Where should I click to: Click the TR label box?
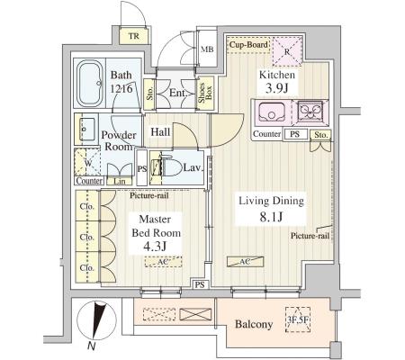tap(134, 36)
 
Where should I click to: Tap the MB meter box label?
tap(207, 49)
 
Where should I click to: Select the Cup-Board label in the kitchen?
tap(248, 45)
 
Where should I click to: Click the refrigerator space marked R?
tap(287, 51)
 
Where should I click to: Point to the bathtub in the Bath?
tap(90, 83)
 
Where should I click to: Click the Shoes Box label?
tap(205, 93)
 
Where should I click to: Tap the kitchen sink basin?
tap(272, 112)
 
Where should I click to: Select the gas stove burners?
tap(310, 112)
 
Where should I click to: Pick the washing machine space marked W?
tap(87, 162)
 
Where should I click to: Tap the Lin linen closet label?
tap(120, 181)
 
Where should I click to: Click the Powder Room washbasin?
tap(87, 130)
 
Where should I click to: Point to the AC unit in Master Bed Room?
tap(163, 262)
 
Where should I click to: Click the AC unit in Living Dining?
tap(245, 262)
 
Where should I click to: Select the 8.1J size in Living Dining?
tap(271, 217)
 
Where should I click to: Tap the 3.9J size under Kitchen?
tap(277, 88)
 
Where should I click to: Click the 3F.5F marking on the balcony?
tap(298, 319)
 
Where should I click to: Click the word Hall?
tap(160, 131)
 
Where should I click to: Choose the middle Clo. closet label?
tap(86, 237)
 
